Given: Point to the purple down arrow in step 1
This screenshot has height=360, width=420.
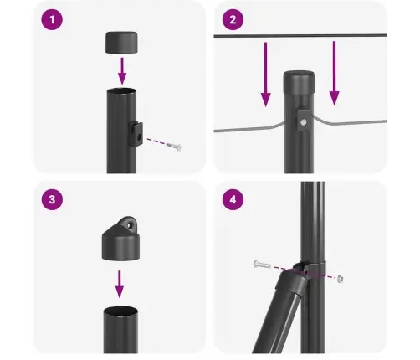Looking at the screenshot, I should [x=120, y=67].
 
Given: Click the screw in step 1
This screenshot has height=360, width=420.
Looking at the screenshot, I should [x=174, y=147].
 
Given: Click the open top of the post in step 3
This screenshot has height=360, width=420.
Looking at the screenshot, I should [x=120, y=311].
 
